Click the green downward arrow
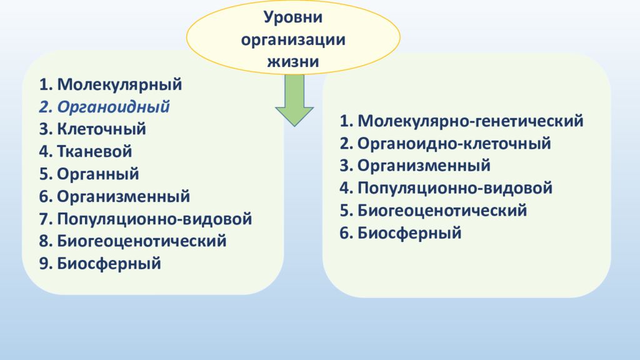[x=294, y=100]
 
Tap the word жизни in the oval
[x=293, y=61]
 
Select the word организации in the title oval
[x=293, y=39]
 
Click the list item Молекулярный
[x=119, y=84]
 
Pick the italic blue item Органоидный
[x=113, y=106]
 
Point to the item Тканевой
[x=94, y=151]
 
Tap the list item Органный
[x=97, y=174]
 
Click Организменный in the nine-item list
[x=123, y=196]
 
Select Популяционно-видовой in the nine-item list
[x=154, y=219]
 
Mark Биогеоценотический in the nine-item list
[x=141, y=241]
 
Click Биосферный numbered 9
[x=109, y=264]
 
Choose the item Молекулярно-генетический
[x=470, y=121]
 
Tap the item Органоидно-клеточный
[x=454, y=143]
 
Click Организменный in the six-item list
[x=424, y=166]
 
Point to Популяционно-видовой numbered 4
[x=455, y=188]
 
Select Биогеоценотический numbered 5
[x=442, y=211]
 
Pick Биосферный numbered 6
[x=409, y=233]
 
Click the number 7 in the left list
[x=43, y=219]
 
